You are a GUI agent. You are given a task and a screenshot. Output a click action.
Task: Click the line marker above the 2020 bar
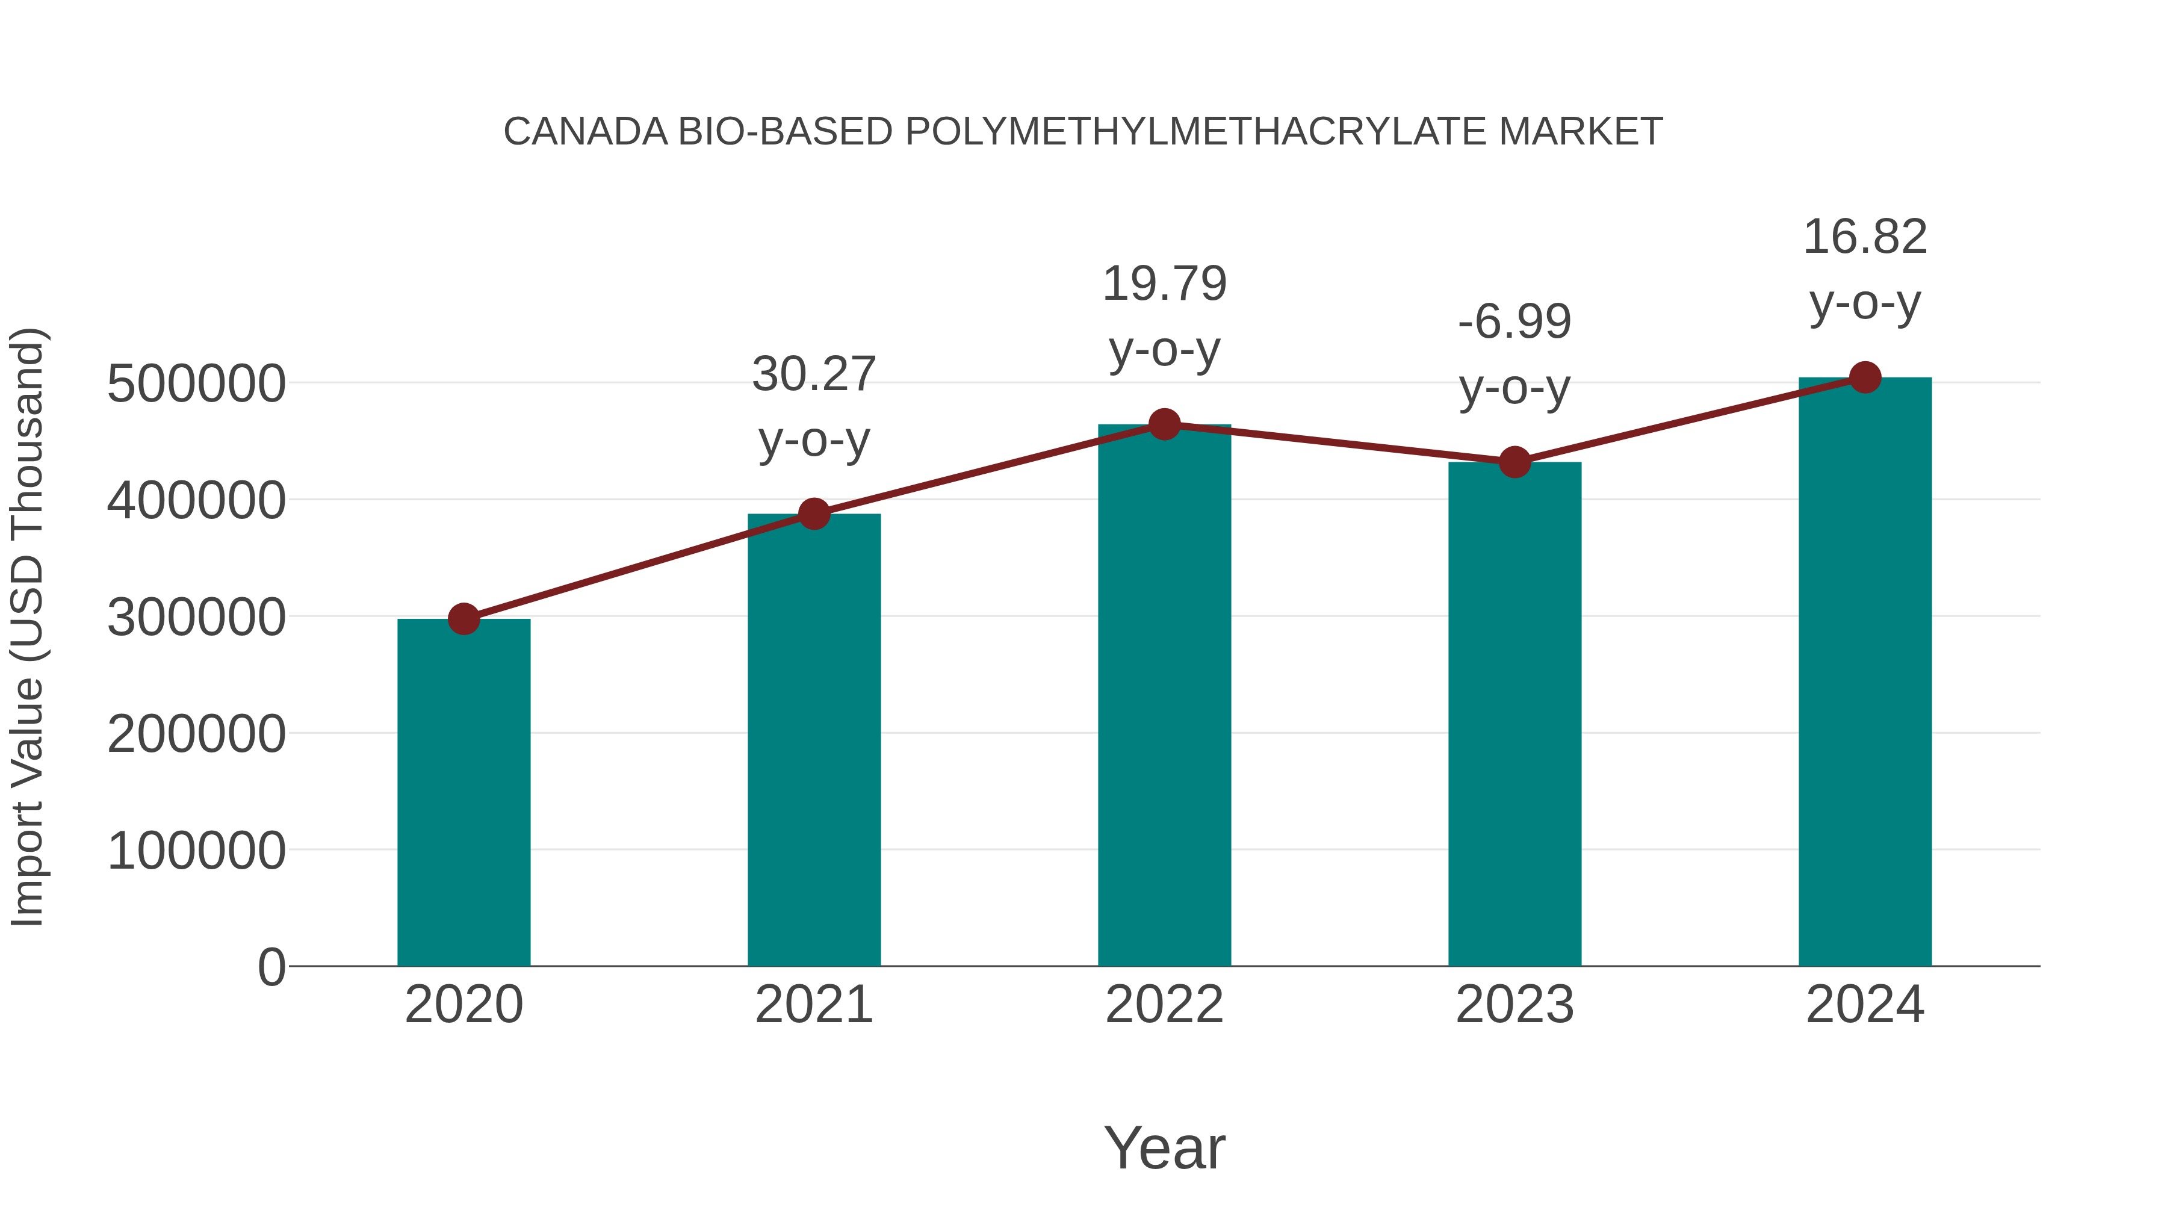coord(463,619)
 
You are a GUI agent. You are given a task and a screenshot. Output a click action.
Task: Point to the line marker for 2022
coord(1164,425)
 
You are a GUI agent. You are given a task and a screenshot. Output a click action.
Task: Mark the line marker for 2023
coord(1514,462)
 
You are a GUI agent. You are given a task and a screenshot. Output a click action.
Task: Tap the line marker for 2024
coord(1865,377)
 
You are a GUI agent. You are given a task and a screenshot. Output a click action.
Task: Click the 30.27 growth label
coord(813,374)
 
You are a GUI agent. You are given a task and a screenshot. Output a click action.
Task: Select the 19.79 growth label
coord(1164,284)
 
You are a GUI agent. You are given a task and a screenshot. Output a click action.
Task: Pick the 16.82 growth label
coord(1865,237)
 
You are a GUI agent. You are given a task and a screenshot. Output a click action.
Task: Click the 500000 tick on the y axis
coord(196,385)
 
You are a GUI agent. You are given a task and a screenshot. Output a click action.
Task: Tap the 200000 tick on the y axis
coord(196,734)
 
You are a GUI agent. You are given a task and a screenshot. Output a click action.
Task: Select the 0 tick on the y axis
coord(271,967)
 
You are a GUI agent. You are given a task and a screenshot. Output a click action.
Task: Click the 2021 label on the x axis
coord(813,1005)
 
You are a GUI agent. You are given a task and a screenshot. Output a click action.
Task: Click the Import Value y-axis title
coord(27,627)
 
